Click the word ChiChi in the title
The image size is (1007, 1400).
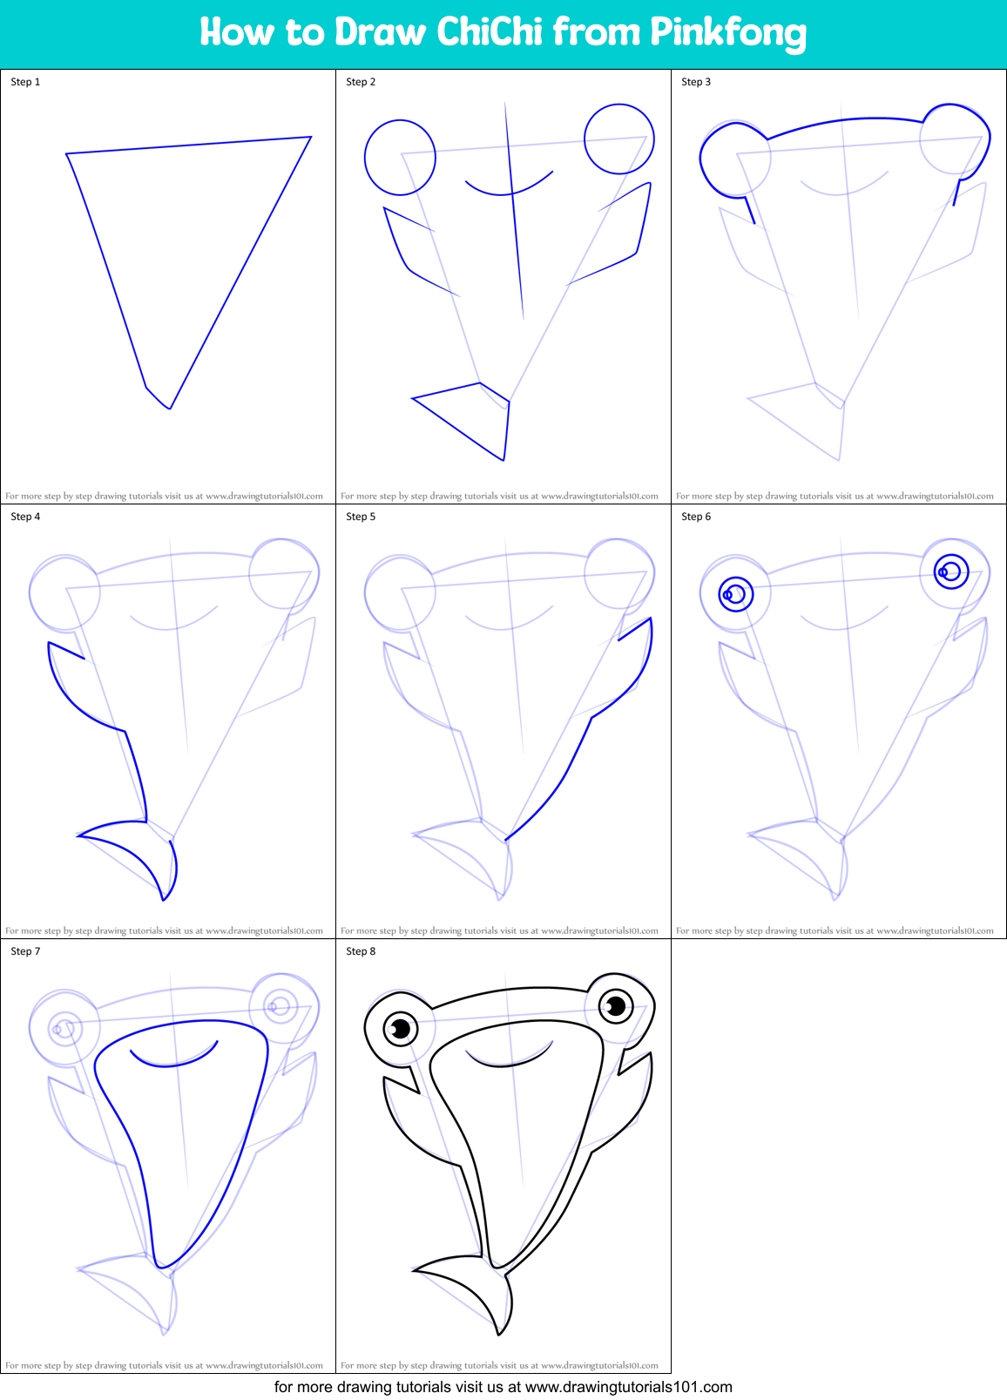click(x=490, y=32)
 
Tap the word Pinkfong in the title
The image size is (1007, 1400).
click(x=727, y=33)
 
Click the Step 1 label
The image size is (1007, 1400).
click(x=25, y=82)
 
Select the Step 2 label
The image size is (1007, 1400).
click(x=361, y=82)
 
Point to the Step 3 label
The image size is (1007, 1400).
click(x=696, y=82)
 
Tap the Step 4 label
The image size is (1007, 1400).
click(x=25, y=517)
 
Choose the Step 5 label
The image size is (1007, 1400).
click(x=361, y=517)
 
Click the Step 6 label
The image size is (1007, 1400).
click(x=696, y=517)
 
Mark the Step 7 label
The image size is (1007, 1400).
click(x=25, y=951)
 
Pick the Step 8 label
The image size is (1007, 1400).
click(x=361, y=951)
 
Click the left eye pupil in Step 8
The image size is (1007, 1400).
click(x=401, y=1029)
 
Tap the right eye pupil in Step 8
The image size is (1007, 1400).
click(x=616, y=1007)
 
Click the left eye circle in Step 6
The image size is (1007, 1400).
click(x=736, y=594)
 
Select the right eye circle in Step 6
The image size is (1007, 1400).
click(x=951, y=571)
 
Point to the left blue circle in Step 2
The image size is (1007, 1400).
click(x=400, y=158)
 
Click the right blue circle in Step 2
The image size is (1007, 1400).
click(x=619, y=139)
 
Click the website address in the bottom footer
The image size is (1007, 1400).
click(x=629, y=1387)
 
